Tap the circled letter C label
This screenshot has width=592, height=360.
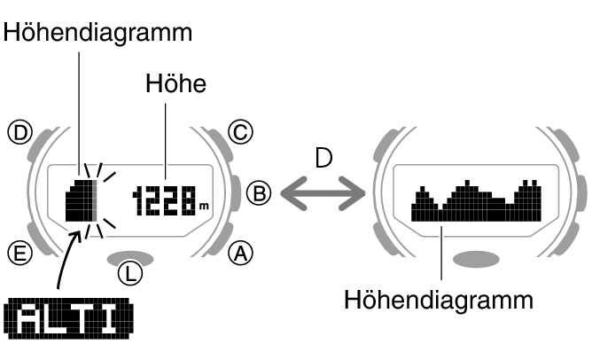point(239,133)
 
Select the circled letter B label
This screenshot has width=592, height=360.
point(257,193)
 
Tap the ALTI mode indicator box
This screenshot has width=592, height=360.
point(69,318)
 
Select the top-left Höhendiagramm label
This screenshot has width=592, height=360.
point(97,32)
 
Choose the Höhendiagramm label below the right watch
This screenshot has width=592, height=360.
point(439,299)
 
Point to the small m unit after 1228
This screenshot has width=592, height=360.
point(204,207)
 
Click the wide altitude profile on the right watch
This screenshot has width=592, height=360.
point(476,202)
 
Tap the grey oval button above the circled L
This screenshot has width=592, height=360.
point(130,256)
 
